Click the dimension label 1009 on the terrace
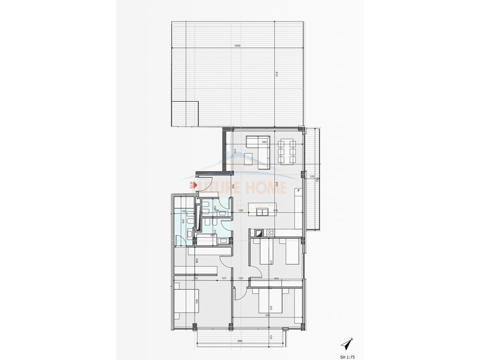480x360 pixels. pyautogui.click(x=238, y=46)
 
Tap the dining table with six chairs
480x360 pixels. pyautogui.click(x=286, y=151)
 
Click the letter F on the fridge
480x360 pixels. pyautogui.click(x=298, y=191)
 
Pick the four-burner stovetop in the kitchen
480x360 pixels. pyautogui.click(x=270, y=232)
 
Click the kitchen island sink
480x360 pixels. pyautogui.click(x=262, y=212)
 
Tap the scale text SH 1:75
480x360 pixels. pyautogui.click(x=347, y=356)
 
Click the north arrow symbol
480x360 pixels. pyautogui.click(x=347, y=344)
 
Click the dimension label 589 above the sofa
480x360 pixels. pyautogui.click(x=264, y=142)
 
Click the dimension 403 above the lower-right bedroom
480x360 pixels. pyautogui.click(x=276, y=279)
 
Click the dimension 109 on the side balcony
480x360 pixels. pyautogui.click(x=312, y=177)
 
